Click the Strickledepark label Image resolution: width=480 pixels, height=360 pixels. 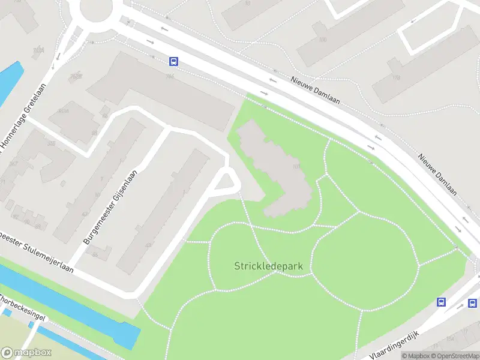268,265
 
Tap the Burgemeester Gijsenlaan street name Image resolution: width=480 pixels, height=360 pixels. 111,206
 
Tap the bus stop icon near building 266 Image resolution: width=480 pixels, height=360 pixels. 173,61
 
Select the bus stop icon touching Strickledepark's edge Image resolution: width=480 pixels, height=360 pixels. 442,302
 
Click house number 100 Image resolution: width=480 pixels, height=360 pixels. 323,40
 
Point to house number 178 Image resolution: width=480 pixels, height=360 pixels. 395,77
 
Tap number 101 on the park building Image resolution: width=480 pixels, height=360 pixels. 295,167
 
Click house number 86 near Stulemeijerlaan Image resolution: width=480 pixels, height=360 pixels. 95,255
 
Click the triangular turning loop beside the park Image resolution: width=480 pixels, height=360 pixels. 225,181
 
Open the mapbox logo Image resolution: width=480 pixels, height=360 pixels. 26,353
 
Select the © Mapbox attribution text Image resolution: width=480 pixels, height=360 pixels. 416,356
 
